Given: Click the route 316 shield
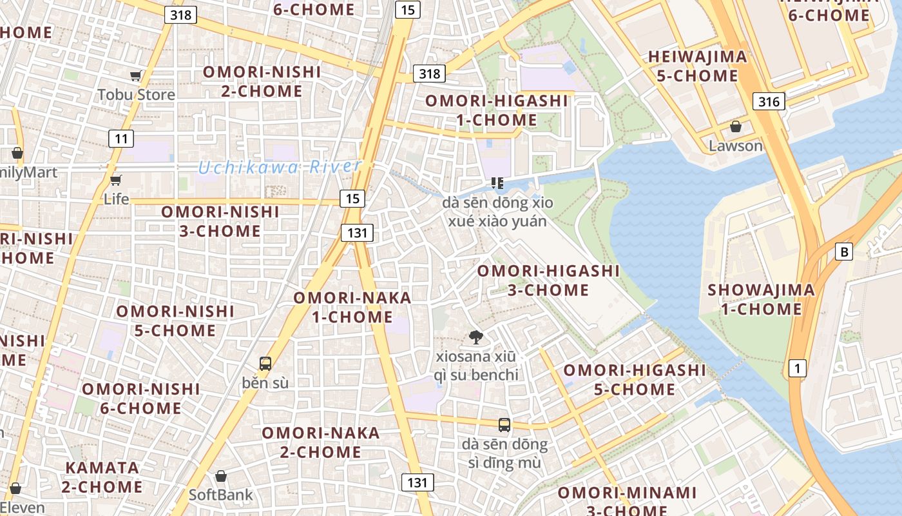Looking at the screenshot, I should click(769, 101).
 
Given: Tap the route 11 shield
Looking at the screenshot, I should click(121, 138).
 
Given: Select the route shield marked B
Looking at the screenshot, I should click(844, 252).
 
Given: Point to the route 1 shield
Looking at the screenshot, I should click(798, 368).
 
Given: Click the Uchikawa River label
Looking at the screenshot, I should click(279, 167).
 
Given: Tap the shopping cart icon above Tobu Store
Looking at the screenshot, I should click(135, 76).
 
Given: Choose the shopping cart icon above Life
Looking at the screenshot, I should click(116, 180).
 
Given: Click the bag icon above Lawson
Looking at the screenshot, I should click(735, 126).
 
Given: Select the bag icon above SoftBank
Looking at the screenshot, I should click(221, 476).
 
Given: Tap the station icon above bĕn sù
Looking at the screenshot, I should click(265, 363).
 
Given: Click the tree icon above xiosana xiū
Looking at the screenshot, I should click(476, 336).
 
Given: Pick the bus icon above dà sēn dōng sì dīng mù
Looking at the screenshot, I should click(504, 425).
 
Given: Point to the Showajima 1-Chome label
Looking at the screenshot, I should click(761, 299).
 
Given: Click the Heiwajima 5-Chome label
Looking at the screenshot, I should click(697, 66).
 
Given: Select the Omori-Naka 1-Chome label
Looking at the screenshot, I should click(352, 307).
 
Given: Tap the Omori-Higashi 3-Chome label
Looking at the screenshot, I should click(548, 280).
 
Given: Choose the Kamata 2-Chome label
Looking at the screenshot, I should click(102, 477).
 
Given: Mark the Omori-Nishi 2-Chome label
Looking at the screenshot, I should click(262, 81).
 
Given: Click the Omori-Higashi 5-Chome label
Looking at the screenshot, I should click(635, 380).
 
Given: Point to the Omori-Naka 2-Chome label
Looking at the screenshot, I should click(321, 442).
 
